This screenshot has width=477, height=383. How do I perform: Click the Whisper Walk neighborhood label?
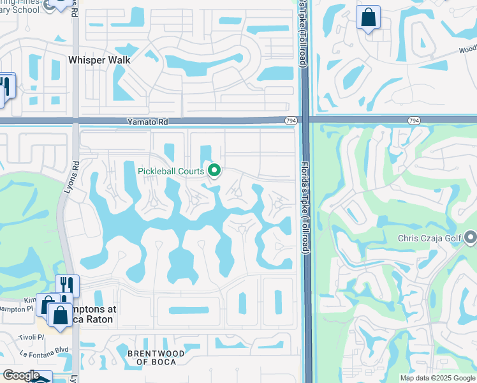pyautogui.click(x=99, y=60)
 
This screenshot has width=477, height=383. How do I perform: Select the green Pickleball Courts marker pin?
pyautogui.click(x=214, y=170)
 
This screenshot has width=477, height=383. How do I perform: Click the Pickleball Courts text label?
pyautogui.click(x=171, y=171)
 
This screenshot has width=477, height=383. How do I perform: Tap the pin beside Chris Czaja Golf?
pyautogui.click(x=471, y=239)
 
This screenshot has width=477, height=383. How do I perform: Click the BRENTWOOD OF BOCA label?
pyautogui.click(x=156, y=357)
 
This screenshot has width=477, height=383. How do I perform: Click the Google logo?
pyautogui.click(x=20, y=375)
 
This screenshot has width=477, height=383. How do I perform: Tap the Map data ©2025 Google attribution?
pyautogui.click(x=437, y=378)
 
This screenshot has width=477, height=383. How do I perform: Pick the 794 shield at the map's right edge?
pyautogui.click(x=413, y=120)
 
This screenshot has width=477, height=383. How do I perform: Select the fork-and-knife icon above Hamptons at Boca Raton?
pyautogui.click(x=66, y=285)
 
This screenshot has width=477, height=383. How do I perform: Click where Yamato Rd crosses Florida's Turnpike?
pyautogui.click(x=305, y=120)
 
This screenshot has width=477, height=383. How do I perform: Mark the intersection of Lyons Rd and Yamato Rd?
pyautogui.click(x=75, y=120)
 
